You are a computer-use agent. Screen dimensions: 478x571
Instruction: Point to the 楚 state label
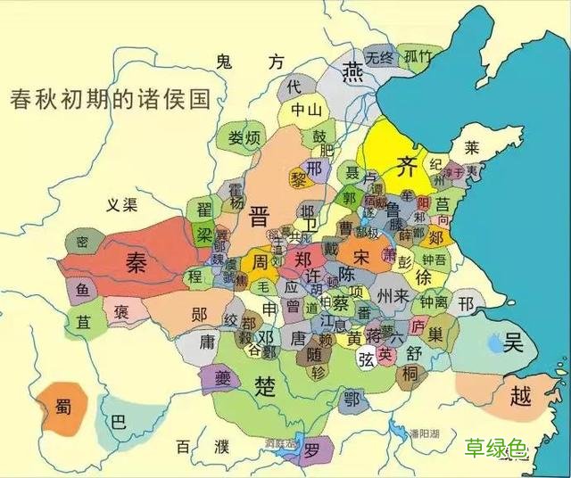pyautogui.click(x=265, y=386)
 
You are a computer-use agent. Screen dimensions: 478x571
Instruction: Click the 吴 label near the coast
pyautogui.click(x=513, y=342)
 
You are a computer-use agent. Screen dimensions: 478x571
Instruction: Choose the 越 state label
pyautogui.click(x=520, y=395)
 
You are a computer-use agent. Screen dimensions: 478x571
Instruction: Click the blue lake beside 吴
pyautogui.click(x=491, y=341)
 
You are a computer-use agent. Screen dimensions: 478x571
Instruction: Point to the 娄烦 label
pyautogui.click(x=244, y=138)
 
